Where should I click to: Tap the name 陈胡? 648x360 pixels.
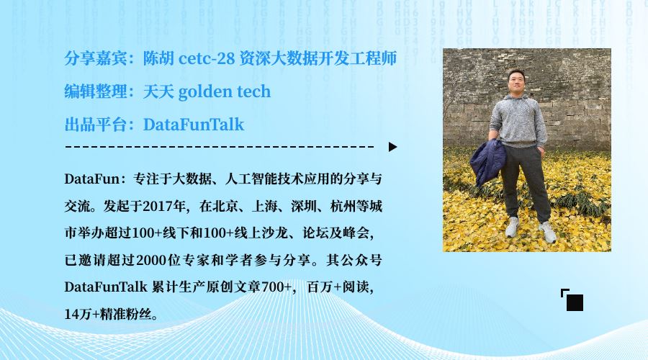158,58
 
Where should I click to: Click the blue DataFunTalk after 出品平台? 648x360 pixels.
194,125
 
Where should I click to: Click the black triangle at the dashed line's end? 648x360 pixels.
392,147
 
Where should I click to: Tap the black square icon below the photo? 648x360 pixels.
575,302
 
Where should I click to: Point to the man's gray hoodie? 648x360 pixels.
518,120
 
